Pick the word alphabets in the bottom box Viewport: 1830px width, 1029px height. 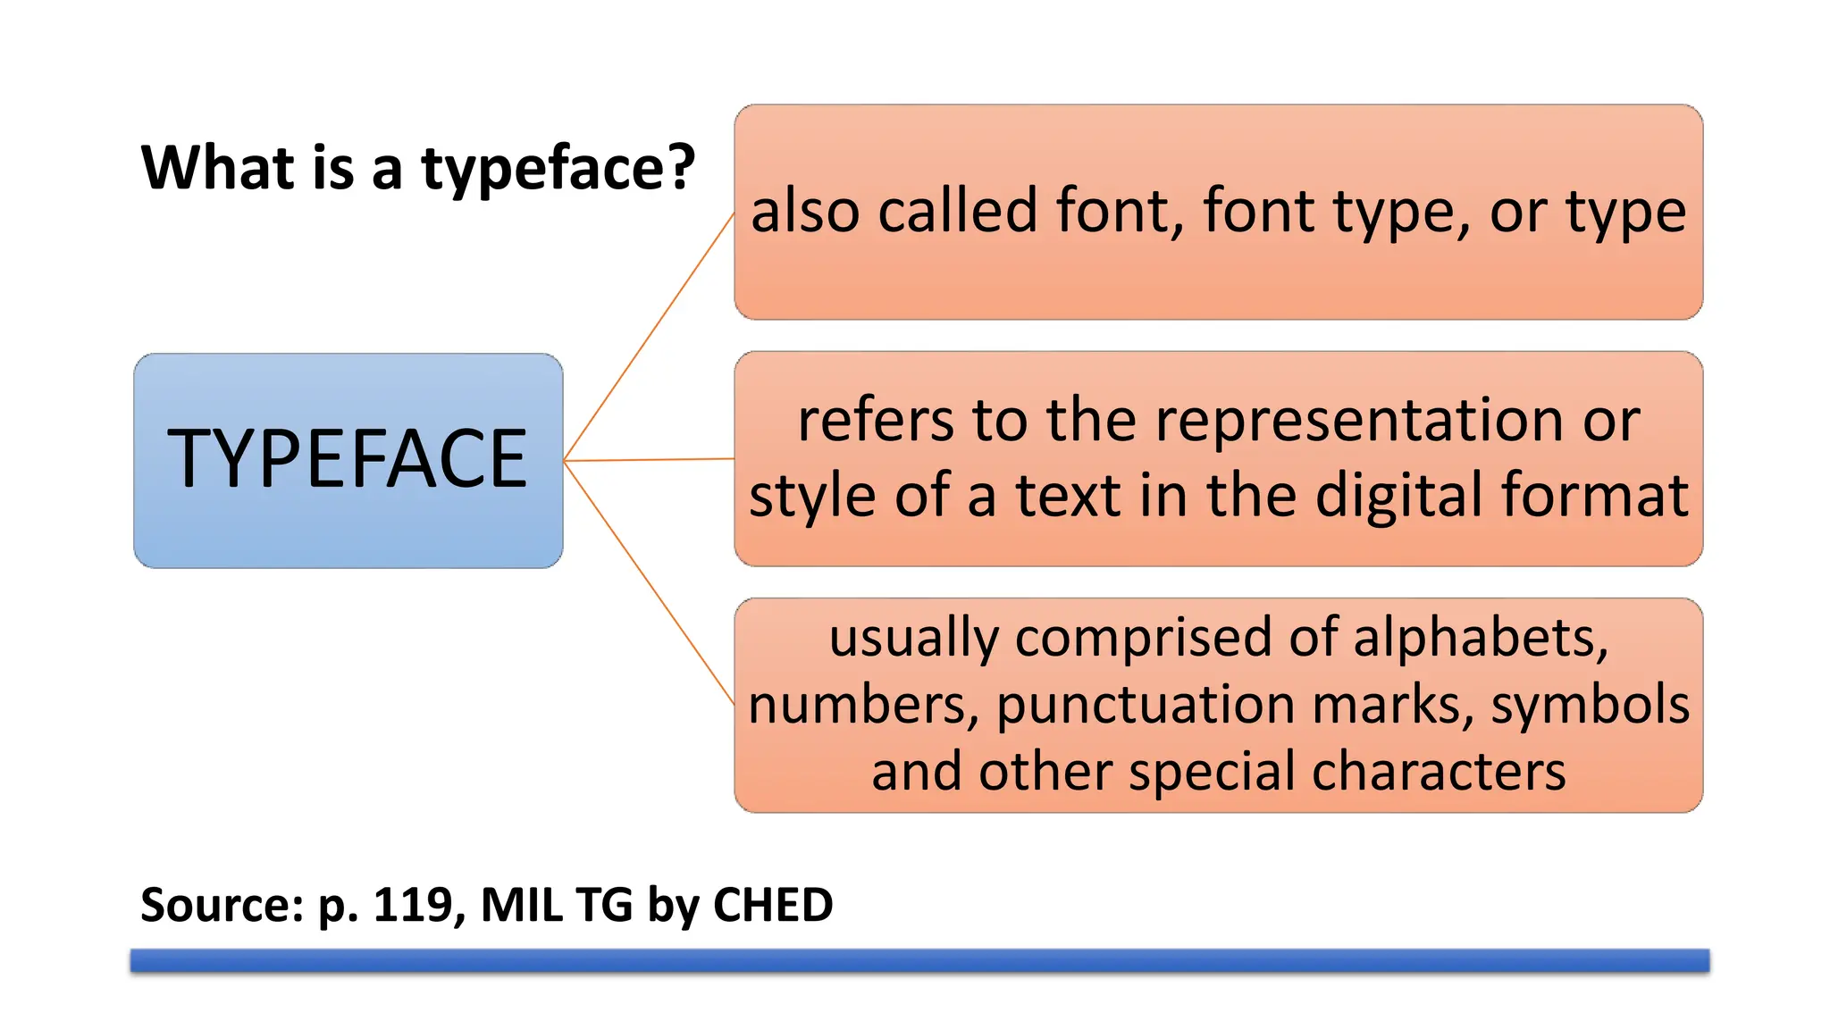[1480, 638]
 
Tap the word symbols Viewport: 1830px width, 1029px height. [1590, 706]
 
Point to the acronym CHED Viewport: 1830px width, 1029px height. [773, 905]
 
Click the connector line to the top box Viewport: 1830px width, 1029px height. [649, 337]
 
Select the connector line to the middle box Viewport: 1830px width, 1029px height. [649, 460]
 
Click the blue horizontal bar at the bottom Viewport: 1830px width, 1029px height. [919, 960]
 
